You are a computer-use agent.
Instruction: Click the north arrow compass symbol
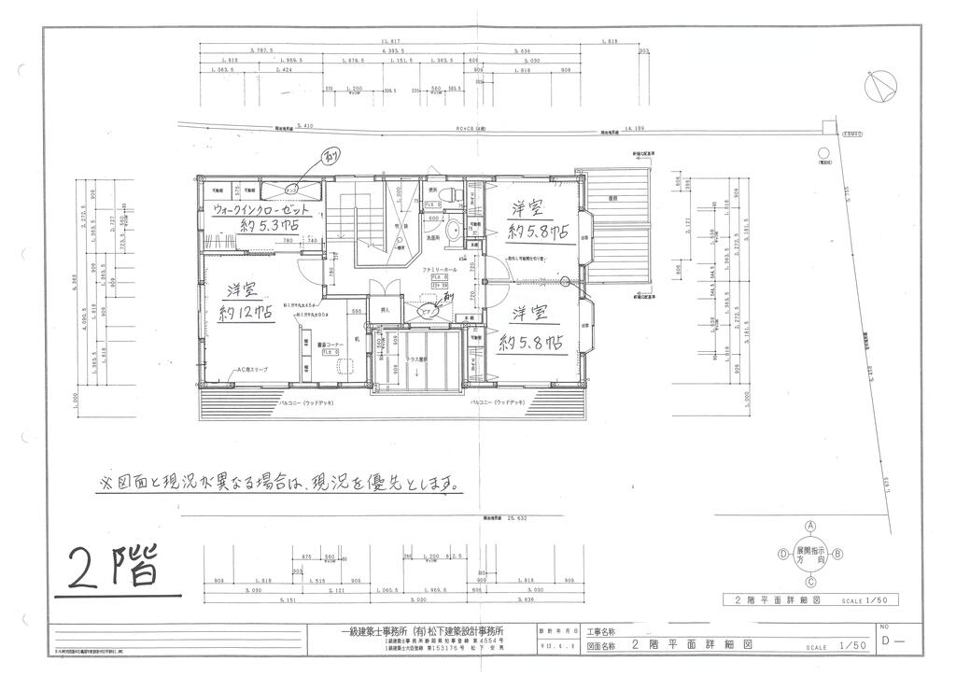click(x=880, y=88)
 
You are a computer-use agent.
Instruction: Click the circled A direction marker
click(x=811, y=526)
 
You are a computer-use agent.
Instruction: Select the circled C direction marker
click(x=811, y=582)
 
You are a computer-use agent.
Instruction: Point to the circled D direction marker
click(x=782, y=554)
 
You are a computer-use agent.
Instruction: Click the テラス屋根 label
click(x=416, y=358)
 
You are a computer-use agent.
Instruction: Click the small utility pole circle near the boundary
click(x=822, y=153)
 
